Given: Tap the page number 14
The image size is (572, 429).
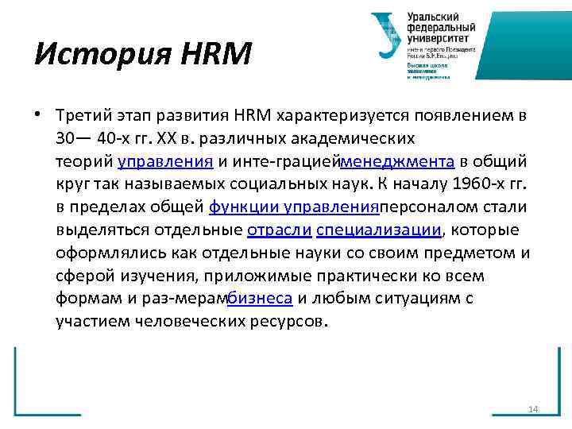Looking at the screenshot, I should pos(533,409).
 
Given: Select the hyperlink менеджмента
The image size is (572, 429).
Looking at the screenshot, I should pos(397,162).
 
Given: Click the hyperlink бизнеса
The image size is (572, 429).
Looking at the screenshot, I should pos(261,299).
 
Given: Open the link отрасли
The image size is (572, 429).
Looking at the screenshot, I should pos(279,230).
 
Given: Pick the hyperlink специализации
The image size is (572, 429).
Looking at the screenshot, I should pos(378,230).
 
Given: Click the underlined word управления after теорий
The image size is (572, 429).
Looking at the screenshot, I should pos(165,162).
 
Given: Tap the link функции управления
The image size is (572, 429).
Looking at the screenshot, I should pos(292,207).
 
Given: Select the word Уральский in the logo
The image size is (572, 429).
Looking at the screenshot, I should pos(434,17).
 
